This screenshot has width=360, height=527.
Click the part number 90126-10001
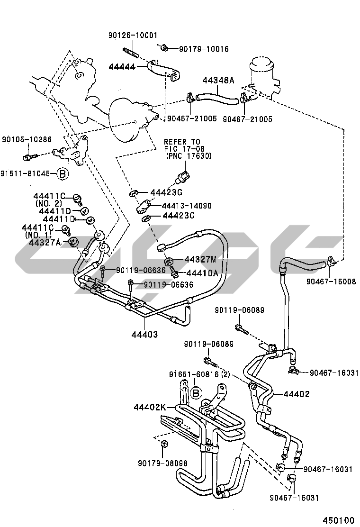(133, 36)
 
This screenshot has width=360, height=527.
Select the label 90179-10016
(204, 49)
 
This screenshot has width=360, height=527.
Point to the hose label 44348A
(218, 81)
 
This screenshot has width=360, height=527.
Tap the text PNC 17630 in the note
(189, 156)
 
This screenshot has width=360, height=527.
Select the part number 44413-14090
(186, 206)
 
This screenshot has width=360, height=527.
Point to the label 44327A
(45, 243)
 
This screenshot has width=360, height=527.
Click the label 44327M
(200, 259)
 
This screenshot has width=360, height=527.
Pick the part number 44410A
(202, 273)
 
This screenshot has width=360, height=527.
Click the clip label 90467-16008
(331, 282)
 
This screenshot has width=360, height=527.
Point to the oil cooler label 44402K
(150, 407)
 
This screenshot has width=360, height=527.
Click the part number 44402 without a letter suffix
(297, 394)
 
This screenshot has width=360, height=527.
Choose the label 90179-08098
(162, 463)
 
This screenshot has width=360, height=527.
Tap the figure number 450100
(338, 519)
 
